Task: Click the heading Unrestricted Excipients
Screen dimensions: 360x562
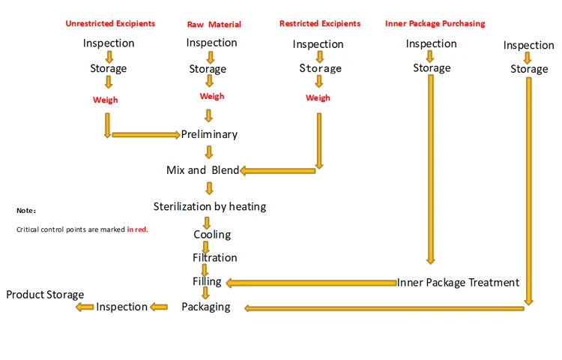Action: point(109,23)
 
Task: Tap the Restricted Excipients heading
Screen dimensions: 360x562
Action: point(319,24)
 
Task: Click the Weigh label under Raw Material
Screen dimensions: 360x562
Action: point(212,96)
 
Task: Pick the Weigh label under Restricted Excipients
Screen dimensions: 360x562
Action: point(318,98)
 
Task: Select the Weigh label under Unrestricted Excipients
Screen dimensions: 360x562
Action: point(106,100)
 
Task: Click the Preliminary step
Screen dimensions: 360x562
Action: point(209,134)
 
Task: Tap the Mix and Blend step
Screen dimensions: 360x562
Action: point(202,170)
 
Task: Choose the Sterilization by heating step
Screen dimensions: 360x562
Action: point(209,206)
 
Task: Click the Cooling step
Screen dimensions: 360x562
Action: point(212,235)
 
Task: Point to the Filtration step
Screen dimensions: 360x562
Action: point(214,258)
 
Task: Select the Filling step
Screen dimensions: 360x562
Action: point(207,282)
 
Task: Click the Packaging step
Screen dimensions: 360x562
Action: point(205,307)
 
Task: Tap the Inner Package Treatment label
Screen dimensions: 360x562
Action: point(458,283)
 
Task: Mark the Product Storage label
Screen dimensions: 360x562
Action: point(45,295)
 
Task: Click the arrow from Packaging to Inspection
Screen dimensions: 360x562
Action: point(160,307)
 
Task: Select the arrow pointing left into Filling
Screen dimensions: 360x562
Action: point(310,283)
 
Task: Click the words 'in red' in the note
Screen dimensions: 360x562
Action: point(137,229)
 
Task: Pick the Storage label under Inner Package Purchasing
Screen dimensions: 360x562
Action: point(432,68)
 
